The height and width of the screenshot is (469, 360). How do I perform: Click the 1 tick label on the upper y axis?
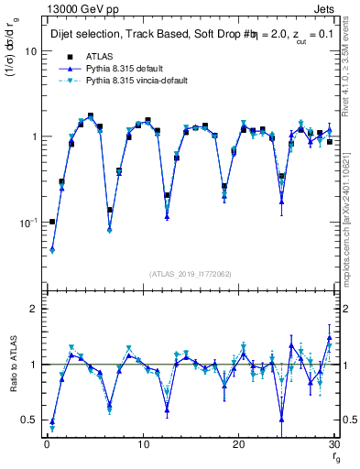point(32,136)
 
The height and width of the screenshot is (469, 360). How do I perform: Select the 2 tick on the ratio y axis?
point(32,310)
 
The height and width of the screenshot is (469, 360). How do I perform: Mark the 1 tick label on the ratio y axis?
point(32,365)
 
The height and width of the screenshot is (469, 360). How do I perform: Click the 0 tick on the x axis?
point(47,443)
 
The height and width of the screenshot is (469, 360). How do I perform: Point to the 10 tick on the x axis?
point(142,443)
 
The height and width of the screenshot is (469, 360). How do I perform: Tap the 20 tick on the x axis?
point(239,443)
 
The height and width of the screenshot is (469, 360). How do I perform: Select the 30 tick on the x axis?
point(335,443)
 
